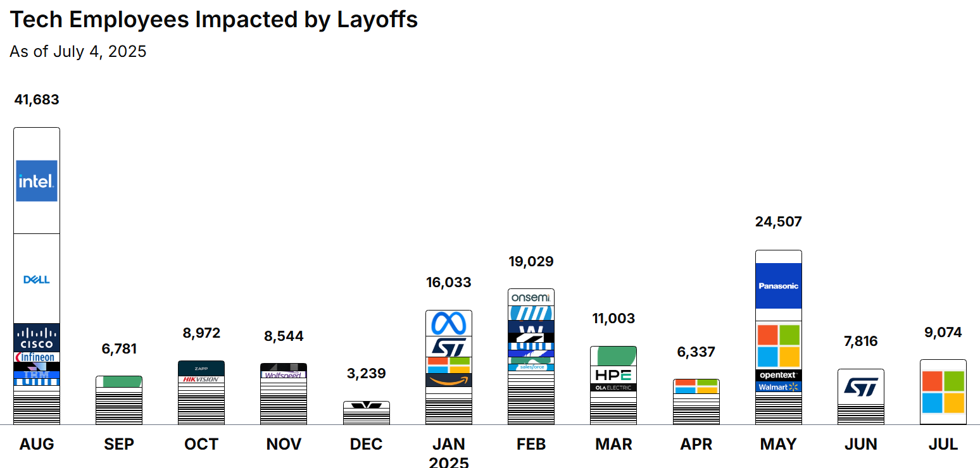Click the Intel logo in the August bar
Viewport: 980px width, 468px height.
pos(37,181)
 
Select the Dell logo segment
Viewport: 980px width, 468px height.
pos(37,280)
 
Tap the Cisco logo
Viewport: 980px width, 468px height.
pos(37,338)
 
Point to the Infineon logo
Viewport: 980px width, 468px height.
pos(37,357)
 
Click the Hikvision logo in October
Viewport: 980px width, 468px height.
pos(201,379)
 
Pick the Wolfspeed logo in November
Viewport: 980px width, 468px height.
pos(284,374)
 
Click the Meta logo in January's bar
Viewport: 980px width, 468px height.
pos(449,324)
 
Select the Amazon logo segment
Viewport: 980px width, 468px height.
pos(449,380)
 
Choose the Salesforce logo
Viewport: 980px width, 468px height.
pos(531,367)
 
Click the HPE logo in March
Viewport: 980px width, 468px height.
pos(613,375)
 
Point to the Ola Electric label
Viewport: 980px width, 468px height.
pos(613,388)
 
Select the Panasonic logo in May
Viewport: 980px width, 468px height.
pos(778,286)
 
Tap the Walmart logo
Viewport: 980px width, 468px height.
pos(778,386)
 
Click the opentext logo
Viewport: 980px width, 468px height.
pos(778,375)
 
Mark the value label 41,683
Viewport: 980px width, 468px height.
pos(37,100)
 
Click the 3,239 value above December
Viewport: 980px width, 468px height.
pos(366,374)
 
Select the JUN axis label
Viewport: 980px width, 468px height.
pos(860,445)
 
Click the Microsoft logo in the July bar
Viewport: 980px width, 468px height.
pos(943,391)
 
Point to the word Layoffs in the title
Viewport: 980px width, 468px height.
pos(377,20)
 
